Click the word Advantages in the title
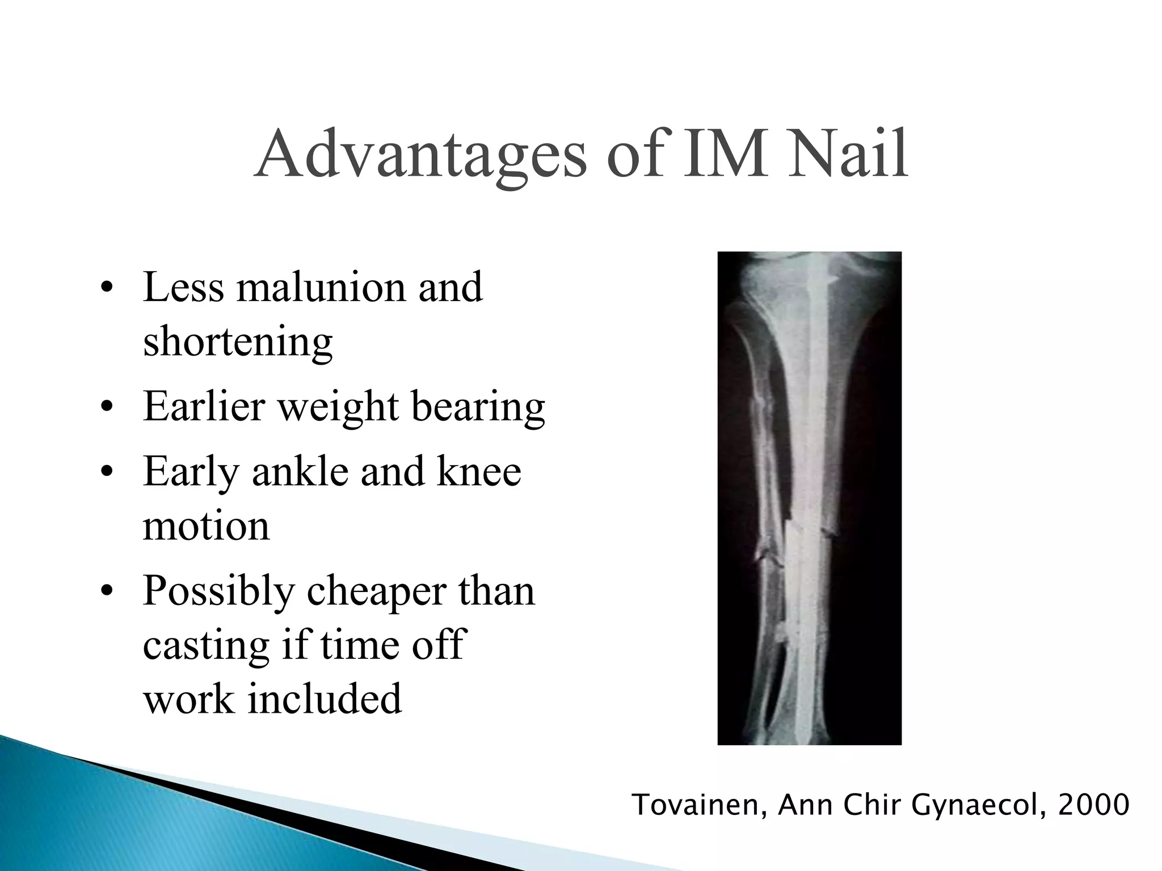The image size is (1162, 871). point(420,155)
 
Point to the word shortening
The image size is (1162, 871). point(238,342)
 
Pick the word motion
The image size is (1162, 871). point(206,526)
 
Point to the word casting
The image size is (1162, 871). point(206,646)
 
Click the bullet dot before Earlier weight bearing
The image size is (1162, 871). point(104,408)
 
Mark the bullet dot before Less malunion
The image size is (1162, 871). point(104,288)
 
